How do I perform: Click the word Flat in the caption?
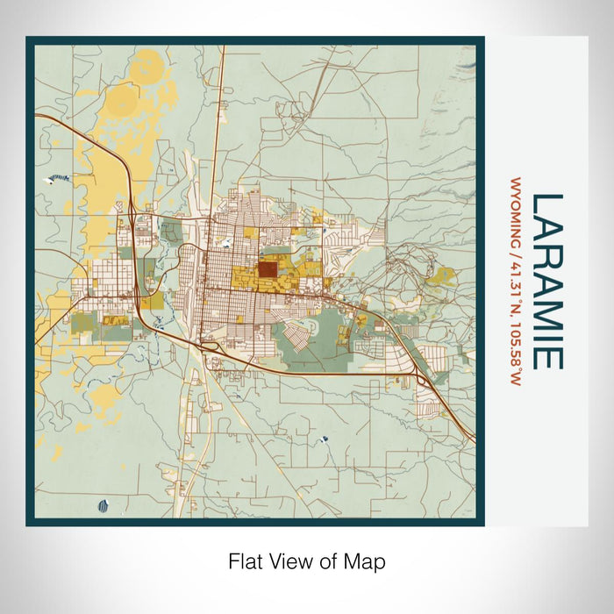[x=246, y=561]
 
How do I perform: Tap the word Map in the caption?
[x=367, y=561]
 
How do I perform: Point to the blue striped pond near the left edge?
[x=58, y=179]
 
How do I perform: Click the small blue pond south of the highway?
[x=326, y=439]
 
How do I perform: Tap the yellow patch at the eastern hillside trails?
[x=444, y=276]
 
